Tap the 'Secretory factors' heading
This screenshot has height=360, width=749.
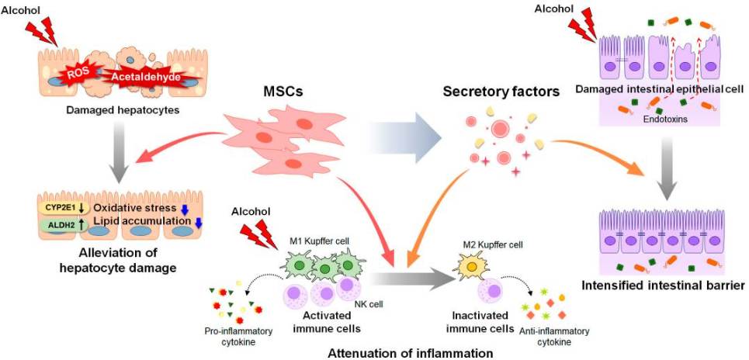pyautogui.click(x=501, y=92)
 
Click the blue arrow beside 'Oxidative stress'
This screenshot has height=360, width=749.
pyautogui.click(x=186, y=208)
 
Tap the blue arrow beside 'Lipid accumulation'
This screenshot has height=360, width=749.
pyautogui.click(x=199, y=223)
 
